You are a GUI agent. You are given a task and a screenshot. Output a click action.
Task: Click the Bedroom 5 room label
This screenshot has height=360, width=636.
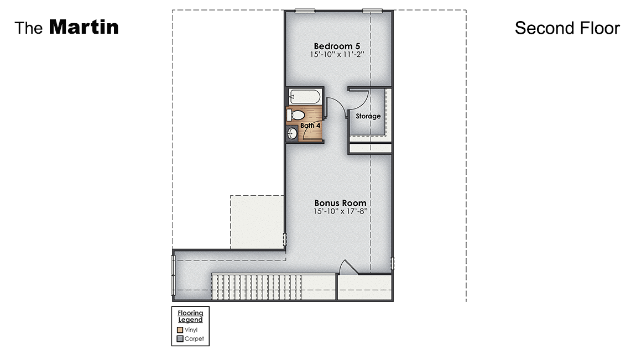[338, 46]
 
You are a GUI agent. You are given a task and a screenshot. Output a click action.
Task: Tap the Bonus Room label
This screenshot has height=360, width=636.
[340, 203]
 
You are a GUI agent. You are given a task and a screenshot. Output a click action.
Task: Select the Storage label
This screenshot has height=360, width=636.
[368, 116]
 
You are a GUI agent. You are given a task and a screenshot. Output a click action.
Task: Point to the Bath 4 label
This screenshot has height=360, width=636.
[310, 126]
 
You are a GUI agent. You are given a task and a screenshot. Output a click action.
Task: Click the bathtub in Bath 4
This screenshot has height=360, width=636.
[304, 96]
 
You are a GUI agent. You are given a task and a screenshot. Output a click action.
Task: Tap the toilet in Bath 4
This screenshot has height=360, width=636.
[296, 115]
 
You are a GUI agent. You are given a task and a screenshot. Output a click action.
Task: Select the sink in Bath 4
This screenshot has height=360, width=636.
[293, 134]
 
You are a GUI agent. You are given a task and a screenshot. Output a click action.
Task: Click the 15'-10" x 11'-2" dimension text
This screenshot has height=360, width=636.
[338, 55]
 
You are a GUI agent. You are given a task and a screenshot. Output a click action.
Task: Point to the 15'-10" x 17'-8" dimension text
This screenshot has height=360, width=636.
[340, 211]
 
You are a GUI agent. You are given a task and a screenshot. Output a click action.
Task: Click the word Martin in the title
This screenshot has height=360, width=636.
[84, 27]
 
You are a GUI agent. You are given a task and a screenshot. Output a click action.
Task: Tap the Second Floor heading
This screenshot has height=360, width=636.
[567, 28]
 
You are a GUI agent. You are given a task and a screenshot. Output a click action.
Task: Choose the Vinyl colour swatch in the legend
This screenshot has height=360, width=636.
[180, 330]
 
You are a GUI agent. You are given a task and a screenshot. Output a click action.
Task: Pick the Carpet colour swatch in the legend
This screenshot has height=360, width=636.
[180, 338]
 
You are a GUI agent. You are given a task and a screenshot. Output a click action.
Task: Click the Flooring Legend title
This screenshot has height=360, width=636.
[190, 316]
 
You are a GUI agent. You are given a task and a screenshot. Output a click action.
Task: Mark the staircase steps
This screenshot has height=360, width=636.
[257, 286]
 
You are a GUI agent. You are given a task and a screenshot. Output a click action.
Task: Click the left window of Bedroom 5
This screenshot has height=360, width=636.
[305, 10]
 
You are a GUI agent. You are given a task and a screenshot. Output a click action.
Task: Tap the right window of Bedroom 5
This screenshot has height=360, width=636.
[372, 10]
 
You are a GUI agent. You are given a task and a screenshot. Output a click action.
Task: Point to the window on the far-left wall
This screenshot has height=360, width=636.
[174, 274]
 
